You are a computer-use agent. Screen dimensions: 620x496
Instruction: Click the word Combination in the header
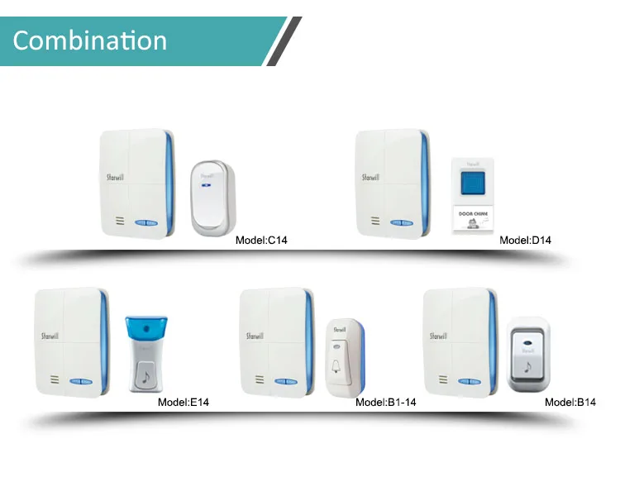90,41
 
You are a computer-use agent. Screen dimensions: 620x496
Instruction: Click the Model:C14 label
261,241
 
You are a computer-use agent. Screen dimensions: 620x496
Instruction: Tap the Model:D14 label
525,241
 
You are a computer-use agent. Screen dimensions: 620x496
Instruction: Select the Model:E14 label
184,403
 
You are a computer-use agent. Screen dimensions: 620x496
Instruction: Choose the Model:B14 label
570,403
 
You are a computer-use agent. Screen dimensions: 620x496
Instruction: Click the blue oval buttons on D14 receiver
401,222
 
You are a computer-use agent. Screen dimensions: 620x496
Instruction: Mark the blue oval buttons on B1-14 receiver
284,382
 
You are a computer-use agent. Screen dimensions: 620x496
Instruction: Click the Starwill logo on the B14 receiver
437,336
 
